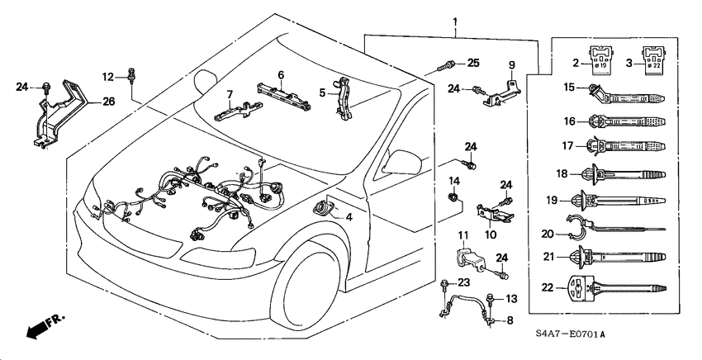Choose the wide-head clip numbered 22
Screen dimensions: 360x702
click(x=615, y=291)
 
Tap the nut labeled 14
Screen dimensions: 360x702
click(x=453, y=197)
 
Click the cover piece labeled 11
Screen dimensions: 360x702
click(x=470, y=253)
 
